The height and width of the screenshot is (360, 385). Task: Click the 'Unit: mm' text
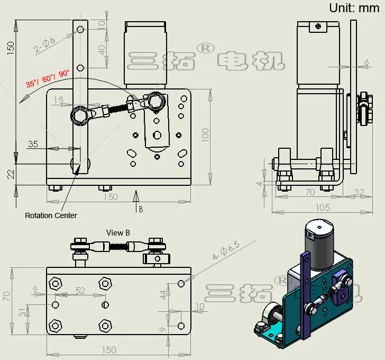tap(351, 8)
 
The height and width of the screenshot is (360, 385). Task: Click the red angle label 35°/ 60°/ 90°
tap(48, 78)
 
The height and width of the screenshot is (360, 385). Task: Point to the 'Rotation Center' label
tap(51, 215)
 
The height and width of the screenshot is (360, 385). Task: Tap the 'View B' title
tap(118, 232)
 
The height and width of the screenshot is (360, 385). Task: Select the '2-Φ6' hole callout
tap(44, 46)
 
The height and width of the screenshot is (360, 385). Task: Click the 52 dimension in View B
tap(80, 290)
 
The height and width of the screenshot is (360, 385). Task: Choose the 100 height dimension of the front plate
tap(205, 134)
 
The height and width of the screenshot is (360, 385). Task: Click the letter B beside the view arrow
tap(141, 209)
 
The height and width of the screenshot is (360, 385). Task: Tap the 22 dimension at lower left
tap(11, 174)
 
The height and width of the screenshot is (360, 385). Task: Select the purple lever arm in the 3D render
tap(306, 296)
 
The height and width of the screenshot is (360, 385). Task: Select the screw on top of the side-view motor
tap(317, 27)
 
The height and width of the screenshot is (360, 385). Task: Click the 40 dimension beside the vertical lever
tap(102, 49)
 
